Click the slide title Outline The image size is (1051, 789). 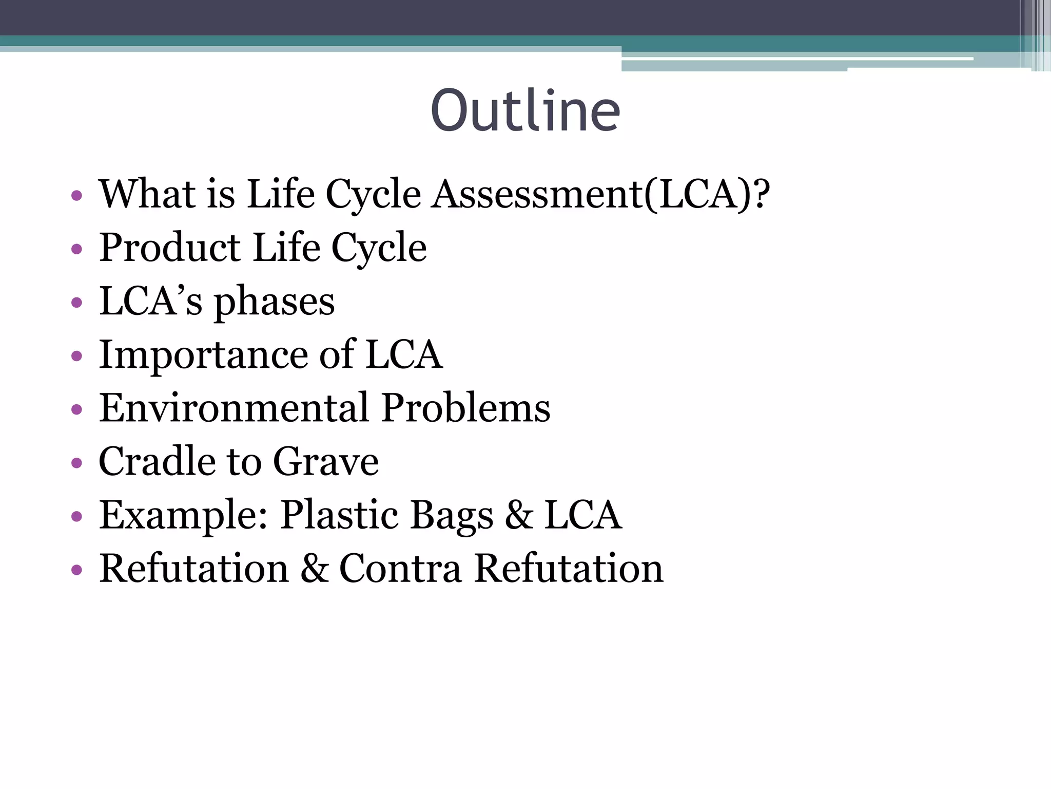525,110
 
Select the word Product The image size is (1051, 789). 170,248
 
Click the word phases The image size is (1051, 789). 274,302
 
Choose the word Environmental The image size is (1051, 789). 234,408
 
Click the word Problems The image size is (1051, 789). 466,408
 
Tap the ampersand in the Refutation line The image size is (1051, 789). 314,569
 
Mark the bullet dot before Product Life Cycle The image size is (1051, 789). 76,250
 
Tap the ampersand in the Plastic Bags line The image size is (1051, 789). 519,515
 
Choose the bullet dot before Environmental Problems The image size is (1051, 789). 76,410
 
